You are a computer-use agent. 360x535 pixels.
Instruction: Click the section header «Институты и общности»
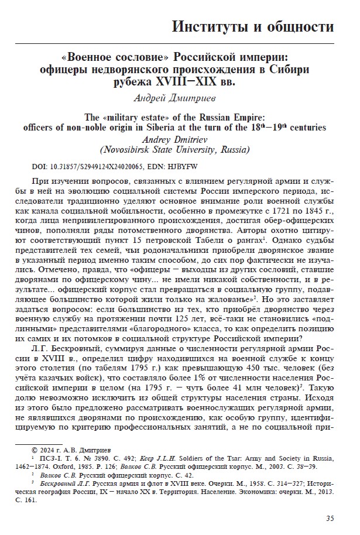253,26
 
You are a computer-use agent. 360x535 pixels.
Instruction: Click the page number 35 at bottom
330,517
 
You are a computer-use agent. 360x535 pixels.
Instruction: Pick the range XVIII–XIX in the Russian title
198,81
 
